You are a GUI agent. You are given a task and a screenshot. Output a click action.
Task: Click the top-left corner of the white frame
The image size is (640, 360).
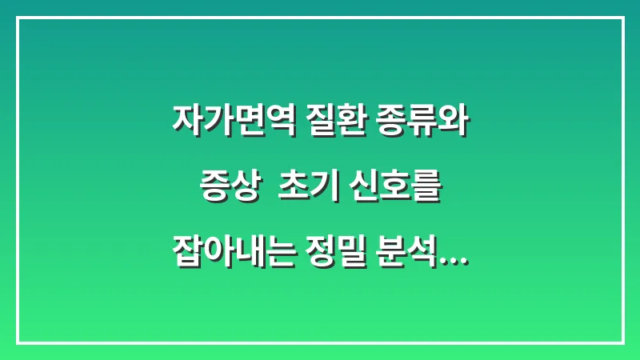pyautogui.click(x=18, y=18)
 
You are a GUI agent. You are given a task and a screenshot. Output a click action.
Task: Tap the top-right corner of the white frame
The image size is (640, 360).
pyautogui.click(x=622, y=18)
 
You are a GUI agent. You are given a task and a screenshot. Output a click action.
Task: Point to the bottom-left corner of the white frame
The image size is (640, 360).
pyautogui.click(x=18, y=342)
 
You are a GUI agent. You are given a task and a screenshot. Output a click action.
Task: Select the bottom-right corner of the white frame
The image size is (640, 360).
pyautogui.click(x=622, y=342)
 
